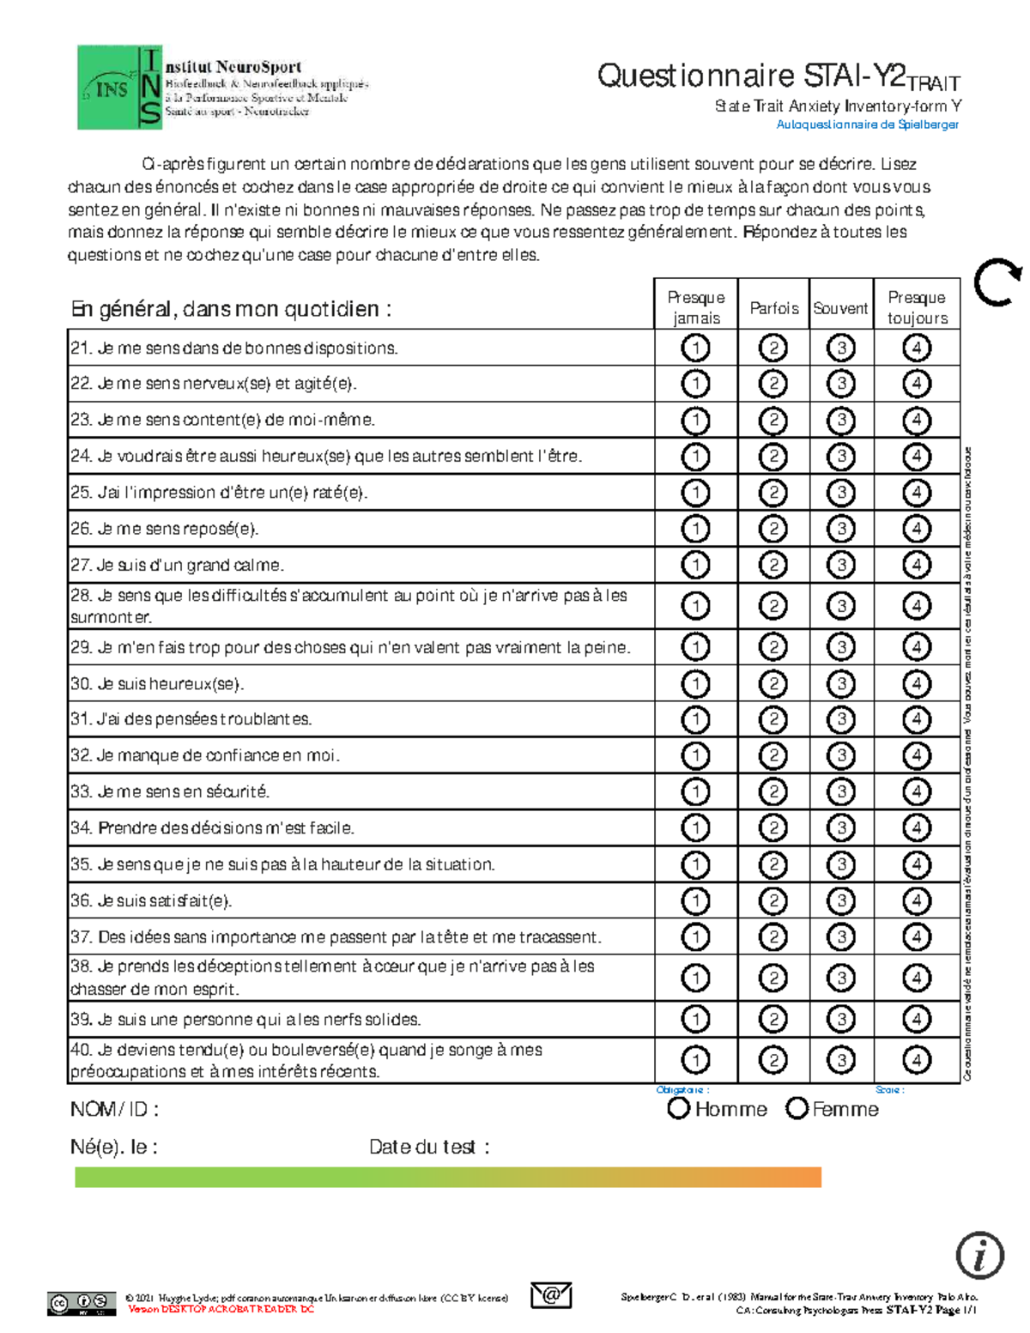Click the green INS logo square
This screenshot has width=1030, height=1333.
107,88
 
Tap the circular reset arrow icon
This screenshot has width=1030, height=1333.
997,282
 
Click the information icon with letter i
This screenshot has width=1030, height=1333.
979,1255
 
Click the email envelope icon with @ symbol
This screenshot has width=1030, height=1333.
551,1294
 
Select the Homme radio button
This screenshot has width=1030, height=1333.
679,1108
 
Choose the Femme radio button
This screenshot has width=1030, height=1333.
797,1108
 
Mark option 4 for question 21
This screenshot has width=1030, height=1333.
917,348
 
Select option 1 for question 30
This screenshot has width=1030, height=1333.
695,684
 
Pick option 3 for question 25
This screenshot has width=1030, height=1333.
841,493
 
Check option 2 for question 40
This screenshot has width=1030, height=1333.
773,1060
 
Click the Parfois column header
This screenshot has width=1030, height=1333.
773,308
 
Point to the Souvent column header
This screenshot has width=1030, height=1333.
840,308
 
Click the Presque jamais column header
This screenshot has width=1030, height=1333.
696,307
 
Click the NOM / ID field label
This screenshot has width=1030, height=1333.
114,1109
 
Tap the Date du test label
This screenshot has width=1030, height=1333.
428,1147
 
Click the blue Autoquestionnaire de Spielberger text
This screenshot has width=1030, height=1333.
867,124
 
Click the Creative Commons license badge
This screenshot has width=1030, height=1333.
82,1304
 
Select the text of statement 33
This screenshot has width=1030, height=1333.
170,791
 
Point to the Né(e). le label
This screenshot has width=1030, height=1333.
113,1147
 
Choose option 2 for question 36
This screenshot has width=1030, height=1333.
773,900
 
